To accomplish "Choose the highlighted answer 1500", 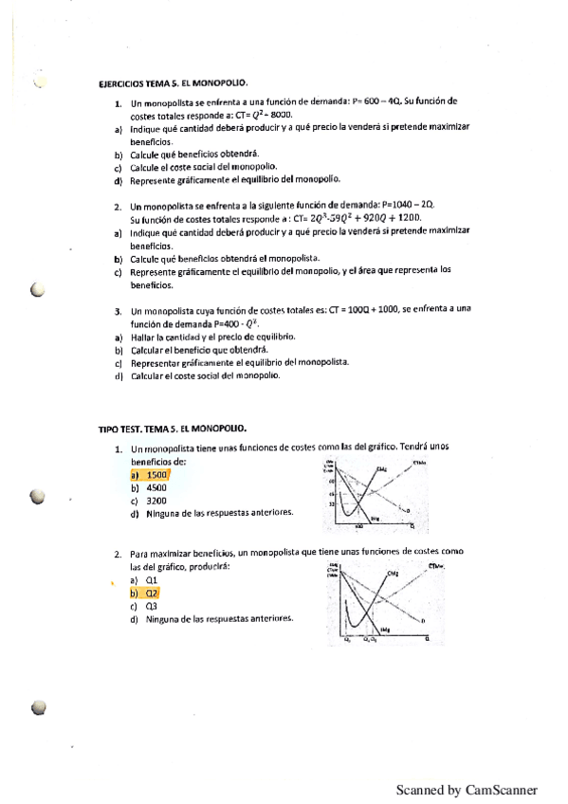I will pyautogui.click(x=156, y=474).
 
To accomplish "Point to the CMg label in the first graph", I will pyautogui.click(x=380, y=469).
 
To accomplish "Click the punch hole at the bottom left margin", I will pyautogui.click(x=38, y=707).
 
